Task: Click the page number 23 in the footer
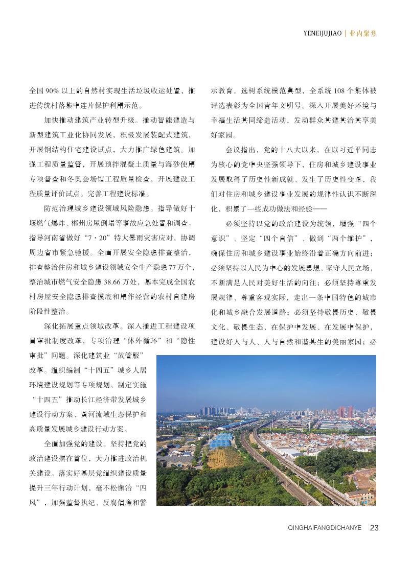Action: [374, 528]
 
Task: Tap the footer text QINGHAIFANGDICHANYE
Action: [325, 528]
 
